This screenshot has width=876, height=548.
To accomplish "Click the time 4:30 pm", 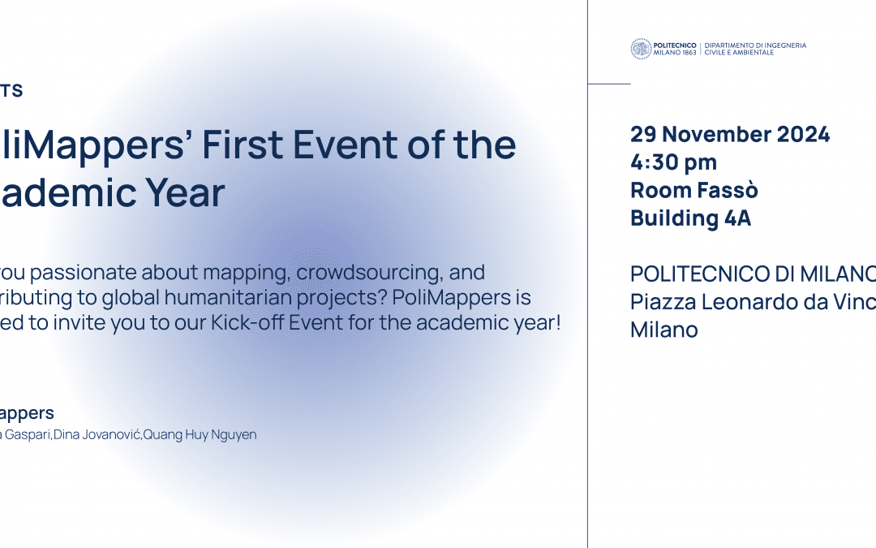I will pos(673,163).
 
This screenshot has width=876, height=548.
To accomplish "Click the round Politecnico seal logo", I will pos(641,49).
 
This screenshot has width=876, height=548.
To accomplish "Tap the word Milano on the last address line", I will pos(663,330).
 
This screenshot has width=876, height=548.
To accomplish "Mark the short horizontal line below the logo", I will pos(608,84).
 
